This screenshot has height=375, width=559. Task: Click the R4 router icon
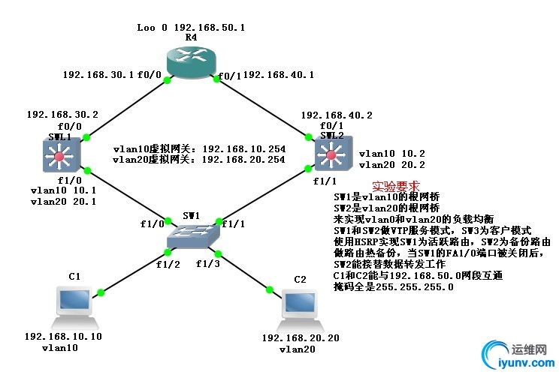click(190, 59)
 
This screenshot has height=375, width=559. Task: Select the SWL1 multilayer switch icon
click(59, 156)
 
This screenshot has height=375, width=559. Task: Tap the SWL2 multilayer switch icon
click(331, 156)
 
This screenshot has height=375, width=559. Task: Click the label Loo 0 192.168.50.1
click(191, 27)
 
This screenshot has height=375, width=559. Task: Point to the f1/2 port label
click(168, 263)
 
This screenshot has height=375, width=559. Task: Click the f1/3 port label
click(209, 263)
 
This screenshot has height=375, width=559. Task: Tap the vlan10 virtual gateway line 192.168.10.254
click(198, 148)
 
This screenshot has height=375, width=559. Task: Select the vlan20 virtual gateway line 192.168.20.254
click(198, 159)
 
